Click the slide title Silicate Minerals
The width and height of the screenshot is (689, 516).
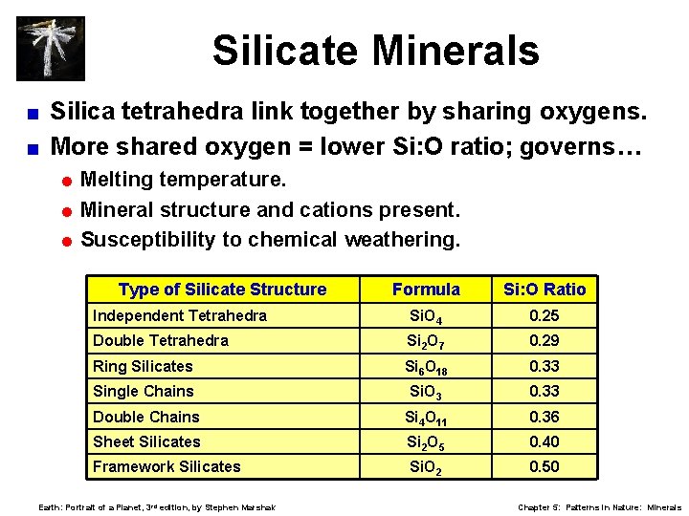[x=375, y=51]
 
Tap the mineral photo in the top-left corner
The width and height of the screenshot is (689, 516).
[x=51, y=48]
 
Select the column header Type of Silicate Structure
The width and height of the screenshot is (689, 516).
[x=222, y=290]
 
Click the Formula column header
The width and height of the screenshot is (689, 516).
[x=426, y=290]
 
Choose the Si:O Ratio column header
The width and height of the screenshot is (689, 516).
[x=544, y=290]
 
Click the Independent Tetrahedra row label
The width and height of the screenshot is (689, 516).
[x=180, y=315]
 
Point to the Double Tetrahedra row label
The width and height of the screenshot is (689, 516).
[x=161, y=341]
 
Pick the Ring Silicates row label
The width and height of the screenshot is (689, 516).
[x=143, y=366]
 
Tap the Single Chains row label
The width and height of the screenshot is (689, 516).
[x=143, y=391]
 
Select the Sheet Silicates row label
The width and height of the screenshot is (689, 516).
[x=146, y=441]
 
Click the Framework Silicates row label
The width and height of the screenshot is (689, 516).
[x=167, y=466]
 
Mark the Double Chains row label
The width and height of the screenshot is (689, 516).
[x=146, y=417]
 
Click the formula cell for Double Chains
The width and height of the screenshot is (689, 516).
[x=426, y=418]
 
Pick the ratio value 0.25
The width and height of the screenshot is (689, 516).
[x=544, y=315]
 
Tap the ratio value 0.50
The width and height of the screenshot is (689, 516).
[x=544, y=466]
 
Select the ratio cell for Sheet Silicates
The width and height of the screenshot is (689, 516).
[x=544, y=441]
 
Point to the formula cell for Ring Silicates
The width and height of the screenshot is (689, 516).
[x=426, y=367]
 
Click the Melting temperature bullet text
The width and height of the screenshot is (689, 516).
[x=183, y=179]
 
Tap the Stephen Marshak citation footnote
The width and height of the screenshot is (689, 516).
[x=156, y=507]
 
